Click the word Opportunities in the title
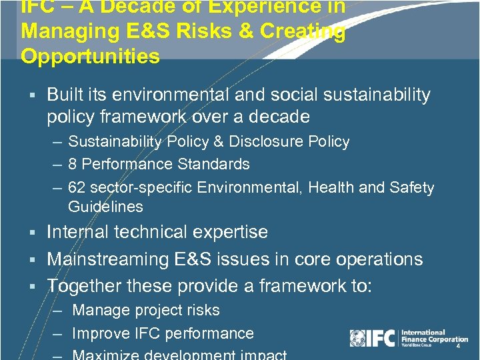coord(90,56)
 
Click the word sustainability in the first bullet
coord(374,95)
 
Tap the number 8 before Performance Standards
coord(73,164)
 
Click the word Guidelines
coord(105,207)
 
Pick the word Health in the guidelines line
coord(330,188)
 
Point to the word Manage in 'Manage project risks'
coord(99,310)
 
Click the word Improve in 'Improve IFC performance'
coord(100,333)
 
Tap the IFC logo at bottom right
coord(373,338)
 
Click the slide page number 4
coord(458,346)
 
